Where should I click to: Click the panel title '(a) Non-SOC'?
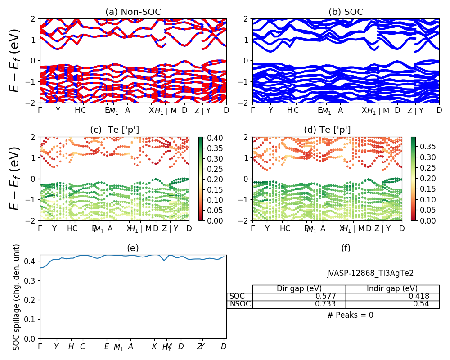point(133,12)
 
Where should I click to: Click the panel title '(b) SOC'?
point(346,12)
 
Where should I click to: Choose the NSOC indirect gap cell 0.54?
point(421,304)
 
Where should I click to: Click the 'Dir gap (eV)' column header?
point(299,289)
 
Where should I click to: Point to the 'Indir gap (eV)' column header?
point(392,289)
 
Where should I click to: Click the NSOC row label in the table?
point(239,304)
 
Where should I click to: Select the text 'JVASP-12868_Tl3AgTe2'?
point(370,273)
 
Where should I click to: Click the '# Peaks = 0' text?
point(350,315)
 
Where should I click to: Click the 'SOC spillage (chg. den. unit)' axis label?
point(17,297)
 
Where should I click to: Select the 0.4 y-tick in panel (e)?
point(33,261)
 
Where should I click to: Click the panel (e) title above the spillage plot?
point(133,248)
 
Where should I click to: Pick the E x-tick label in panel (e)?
point(107,346)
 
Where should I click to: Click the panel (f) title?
point(346,248)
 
